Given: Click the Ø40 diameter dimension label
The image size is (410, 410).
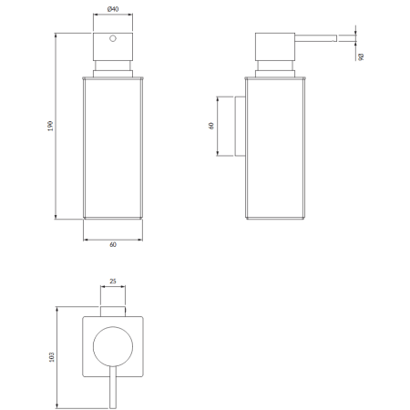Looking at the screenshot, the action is click(x=113, y=9).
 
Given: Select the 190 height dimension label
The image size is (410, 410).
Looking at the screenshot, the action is click(x=50, y=126).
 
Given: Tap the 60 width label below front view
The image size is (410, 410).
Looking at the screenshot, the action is click(x=113, y=244).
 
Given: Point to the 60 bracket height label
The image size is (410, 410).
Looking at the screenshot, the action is click(x=211, y=126).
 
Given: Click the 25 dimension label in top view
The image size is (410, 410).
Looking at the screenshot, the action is click(x=113, y=282).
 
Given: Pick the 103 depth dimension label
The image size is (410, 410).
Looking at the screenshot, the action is click(x=52, y=357).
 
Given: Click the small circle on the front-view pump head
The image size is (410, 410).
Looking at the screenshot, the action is click(x=113, y=38).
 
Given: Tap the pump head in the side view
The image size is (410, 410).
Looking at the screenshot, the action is click(x=275, y=46).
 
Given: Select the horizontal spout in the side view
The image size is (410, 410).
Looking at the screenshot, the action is click(x=316, y=38).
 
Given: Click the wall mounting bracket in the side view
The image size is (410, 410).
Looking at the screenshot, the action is click(x=240, y=127).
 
